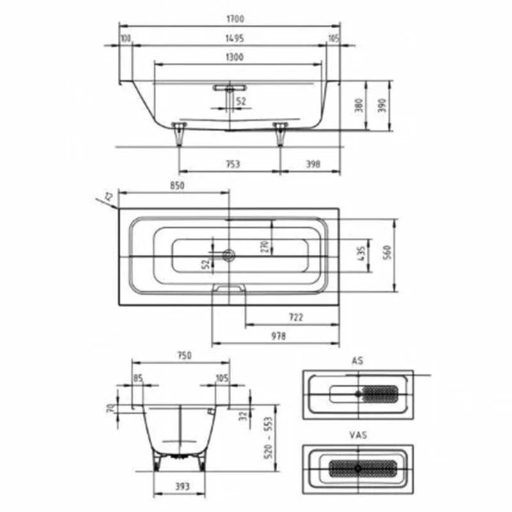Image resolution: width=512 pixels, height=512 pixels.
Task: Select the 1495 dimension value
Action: [x=234, y=38]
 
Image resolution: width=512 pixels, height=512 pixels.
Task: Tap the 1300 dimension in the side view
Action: [x=234, y=57]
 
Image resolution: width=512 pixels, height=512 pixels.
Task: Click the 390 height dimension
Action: [x=383, y=106]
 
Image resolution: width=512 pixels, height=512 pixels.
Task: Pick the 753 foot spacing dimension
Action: [x=233, y=164]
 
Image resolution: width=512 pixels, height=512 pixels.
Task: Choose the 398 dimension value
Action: [x=313, y=164]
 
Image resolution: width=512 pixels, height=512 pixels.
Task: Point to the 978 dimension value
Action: [x=278, y=336]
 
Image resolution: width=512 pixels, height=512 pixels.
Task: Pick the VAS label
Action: [x=358, y=435]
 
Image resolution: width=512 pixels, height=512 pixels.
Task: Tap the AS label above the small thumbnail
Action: [x=357, y=361]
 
